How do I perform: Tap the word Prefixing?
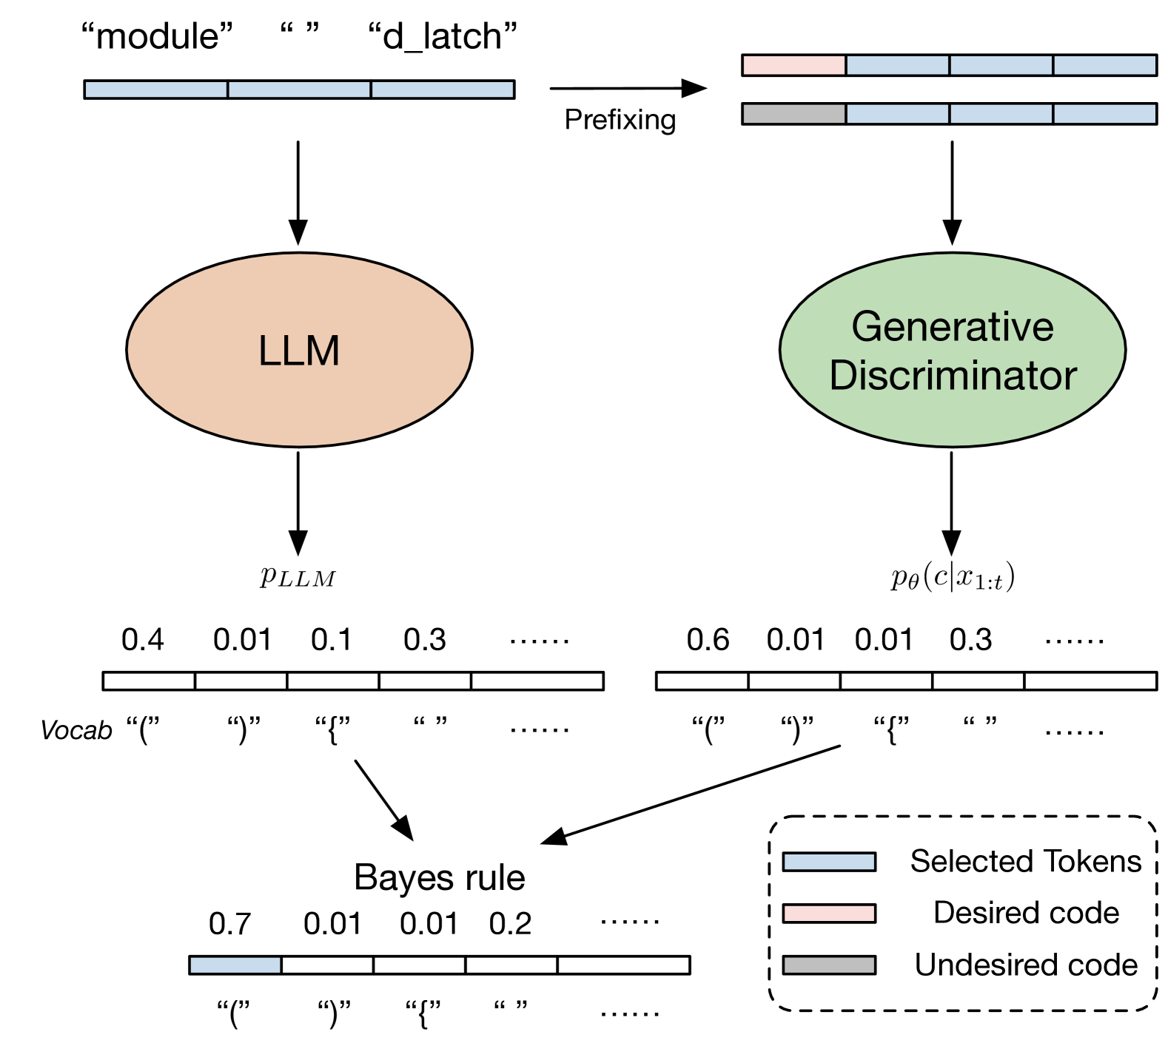click(620, 119)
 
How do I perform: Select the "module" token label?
click(157, 36)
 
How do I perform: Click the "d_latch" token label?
click(443, 36)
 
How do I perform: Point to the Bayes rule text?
click(440, 878)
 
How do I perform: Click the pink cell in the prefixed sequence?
click(793, 65)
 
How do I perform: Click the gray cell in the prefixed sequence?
click(793, 114)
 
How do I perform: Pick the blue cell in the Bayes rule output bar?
click(235, 965)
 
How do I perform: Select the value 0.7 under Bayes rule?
click(229, 924)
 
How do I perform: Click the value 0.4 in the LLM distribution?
click(142, 640)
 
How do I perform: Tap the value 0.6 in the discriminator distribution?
click(708, 640)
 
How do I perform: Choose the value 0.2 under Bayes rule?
click(510, 924)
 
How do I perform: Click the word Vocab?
click(76, 731)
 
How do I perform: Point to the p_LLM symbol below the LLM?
click(298, 576)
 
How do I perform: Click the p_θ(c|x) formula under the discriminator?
click(952, 576)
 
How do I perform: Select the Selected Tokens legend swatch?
click(829, 862)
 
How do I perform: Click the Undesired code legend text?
click(1026, 965)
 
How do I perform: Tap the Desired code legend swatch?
click(829, 914)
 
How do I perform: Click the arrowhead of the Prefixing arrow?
click(696, 89)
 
